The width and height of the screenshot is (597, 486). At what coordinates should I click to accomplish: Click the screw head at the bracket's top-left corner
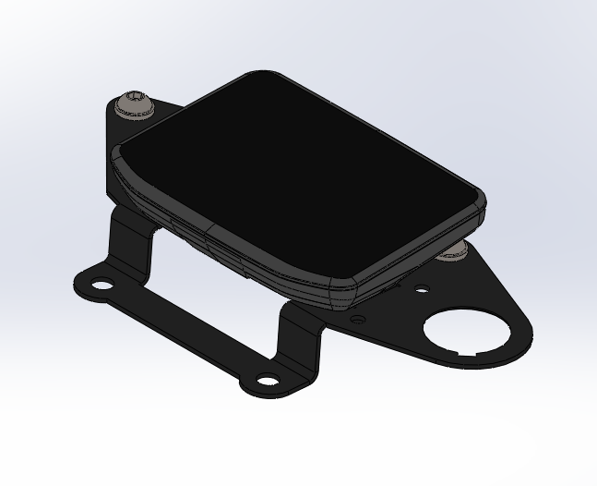pyautogui.click(x=135, y=103)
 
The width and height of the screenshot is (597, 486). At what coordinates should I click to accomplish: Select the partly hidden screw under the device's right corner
pyautogui.click(x=452, y=251)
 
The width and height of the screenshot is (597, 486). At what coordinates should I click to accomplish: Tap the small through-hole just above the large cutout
pyautogui.click(x=421, y=291)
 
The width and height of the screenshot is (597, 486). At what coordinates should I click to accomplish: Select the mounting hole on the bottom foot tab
pyautogui.click(x=267, y=380)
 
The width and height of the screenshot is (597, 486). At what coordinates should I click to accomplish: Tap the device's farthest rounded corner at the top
pyautogui.click(x=262, y=75)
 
